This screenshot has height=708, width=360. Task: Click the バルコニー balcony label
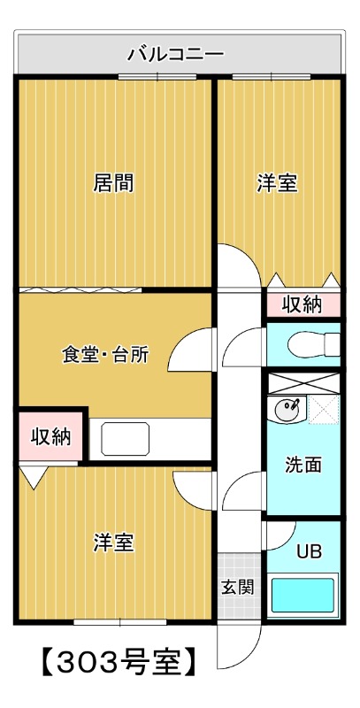[176, 54]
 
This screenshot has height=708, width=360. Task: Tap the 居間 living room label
[114, 183]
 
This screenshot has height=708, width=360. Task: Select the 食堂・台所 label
[104, 355]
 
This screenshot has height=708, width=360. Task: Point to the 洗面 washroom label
[303, 465]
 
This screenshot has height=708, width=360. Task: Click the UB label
[308, 550]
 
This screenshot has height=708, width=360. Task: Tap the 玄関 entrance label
[236, 585]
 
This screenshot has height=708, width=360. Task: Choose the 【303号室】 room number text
[115, 661]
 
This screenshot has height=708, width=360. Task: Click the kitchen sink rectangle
[125, 437]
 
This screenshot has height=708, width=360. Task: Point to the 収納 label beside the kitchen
[50, 436]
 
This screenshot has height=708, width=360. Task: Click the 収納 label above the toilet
[302, 304]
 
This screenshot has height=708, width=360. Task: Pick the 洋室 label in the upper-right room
[277, 183]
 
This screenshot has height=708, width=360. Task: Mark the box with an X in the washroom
[303, 382]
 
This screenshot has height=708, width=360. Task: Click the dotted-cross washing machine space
[324, 410]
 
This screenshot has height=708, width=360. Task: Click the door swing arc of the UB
[281, 536]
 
